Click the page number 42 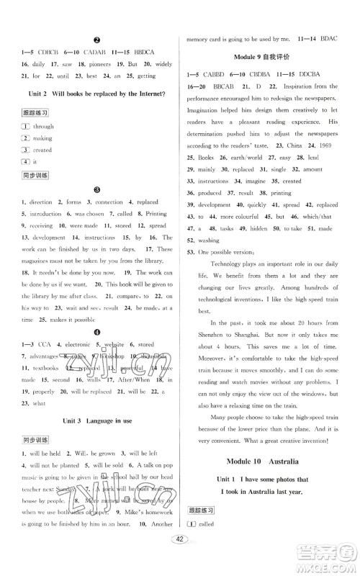(x=180, y=561)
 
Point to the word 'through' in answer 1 (x=43, y=126)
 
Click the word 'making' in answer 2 (x=42, y=138)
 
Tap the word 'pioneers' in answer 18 (x=101, y=63)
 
